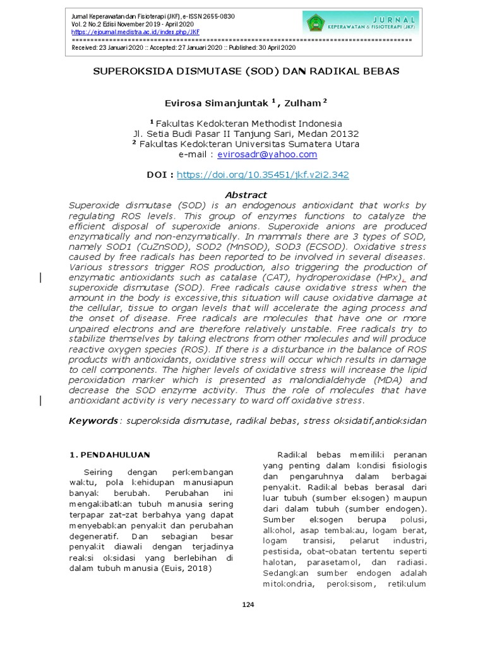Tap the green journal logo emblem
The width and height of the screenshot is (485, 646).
pos(314,22)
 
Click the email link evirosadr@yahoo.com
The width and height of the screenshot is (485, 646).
pos(267,154)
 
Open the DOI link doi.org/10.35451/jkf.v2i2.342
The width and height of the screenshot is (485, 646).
pos(263,175)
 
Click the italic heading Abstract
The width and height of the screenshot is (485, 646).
pos(246,195)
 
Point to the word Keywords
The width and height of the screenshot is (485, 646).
pos(93,421)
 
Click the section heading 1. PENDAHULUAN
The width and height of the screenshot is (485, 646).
pos(109,454)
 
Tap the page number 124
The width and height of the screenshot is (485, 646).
pos(248,605)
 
